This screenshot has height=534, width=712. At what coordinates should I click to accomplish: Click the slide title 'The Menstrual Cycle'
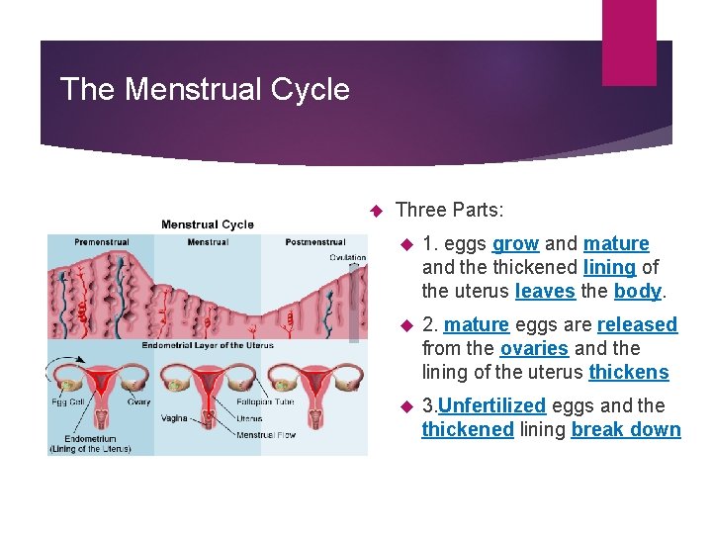pos(205,90)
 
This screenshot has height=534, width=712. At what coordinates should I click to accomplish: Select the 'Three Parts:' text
pos(449,210)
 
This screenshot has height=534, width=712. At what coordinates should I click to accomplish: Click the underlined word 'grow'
pos(515,243)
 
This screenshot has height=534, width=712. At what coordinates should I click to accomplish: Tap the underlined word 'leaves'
pos(545,291)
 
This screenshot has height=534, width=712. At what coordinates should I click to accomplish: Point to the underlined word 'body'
pos(637,291)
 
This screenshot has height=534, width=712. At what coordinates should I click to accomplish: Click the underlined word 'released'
pos(637,324)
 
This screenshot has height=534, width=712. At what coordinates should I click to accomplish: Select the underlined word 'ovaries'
pos(534,348)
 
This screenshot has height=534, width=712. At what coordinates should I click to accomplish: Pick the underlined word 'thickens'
pos(628,372)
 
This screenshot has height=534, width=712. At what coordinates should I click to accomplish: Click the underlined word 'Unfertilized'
pos(491,405)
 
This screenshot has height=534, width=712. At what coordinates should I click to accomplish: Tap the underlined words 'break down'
pos(626,429)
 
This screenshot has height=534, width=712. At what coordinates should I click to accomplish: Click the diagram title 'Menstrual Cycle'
pos(208,224)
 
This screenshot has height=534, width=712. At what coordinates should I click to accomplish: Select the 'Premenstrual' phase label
pos(101,241)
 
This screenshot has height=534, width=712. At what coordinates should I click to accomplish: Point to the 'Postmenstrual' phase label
pos(314,241)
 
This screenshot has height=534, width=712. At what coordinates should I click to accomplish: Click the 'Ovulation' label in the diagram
pos(347,257)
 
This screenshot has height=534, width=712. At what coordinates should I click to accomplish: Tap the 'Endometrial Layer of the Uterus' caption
pos(208,345)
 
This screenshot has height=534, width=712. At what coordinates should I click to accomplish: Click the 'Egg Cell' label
pos(68,401)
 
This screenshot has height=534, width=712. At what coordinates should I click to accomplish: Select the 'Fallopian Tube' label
pos(266,401)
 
